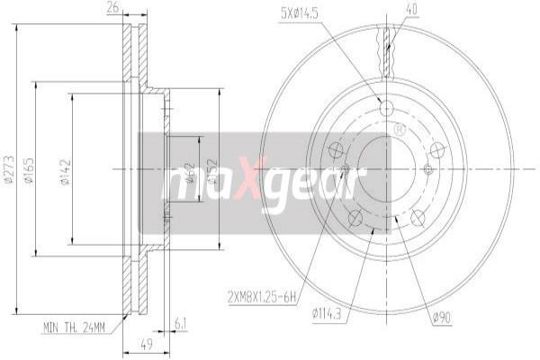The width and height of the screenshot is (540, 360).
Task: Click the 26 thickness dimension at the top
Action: point(112,9)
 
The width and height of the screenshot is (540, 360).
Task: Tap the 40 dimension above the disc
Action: point(388,10)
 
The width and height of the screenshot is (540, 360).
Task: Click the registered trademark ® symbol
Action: point(399,130)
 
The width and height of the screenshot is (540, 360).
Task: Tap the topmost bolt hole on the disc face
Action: point(387,108)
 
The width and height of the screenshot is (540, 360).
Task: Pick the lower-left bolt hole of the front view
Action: point(355,217)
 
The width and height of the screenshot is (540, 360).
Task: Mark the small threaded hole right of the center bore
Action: point(428,168)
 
